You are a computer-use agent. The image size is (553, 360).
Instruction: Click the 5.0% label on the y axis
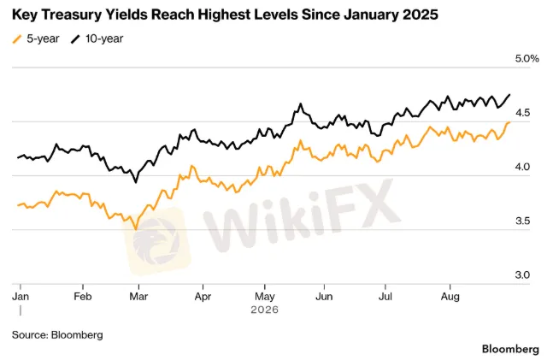pos(527,59)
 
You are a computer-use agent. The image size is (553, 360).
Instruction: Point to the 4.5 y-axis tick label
pos(522,113)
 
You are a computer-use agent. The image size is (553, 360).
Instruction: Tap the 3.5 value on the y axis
pos(522,221)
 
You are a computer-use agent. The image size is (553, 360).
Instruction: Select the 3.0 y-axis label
pos(522,275)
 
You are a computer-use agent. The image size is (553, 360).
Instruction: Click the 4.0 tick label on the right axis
pos(522,167)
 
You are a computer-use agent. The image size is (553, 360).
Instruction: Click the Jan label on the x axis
pos(21,297)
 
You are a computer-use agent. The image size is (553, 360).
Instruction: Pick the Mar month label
pos(138,297)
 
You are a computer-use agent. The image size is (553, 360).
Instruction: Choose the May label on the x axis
pos(265,297)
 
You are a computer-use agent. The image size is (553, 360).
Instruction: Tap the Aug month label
pos(450,297)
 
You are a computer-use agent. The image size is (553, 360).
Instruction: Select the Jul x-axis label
pos(385,297)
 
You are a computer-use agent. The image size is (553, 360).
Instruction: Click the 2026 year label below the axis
pos(264,310)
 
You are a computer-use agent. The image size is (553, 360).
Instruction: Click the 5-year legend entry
pos(36,38)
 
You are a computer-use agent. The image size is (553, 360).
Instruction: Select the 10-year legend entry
pos(97,38)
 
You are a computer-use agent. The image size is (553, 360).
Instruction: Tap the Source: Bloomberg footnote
pos(57,335)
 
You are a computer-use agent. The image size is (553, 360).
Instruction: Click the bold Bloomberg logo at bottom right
pos(510,349)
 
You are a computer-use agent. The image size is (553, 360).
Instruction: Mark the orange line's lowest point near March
pos(136,230)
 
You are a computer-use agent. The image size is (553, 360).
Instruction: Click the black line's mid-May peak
pos(301,103)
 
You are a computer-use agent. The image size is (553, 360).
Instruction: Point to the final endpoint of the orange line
pos(509,122)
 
